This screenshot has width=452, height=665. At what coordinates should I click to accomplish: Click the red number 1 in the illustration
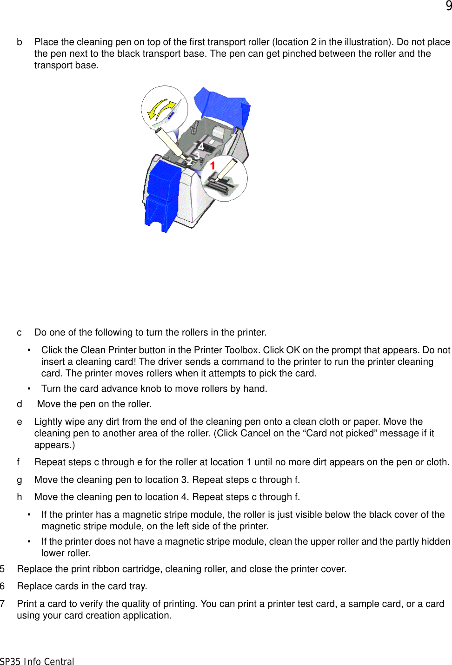pyautogui.click(x=213, y=165)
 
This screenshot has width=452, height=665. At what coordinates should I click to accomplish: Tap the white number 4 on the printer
pyautogui.click(x=200, y=147)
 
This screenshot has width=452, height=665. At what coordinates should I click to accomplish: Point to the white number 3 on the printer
pyautogui.click(x=197, y=155)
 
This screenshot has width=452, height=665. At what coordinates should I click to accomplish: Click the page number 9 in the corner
pyautogui.click(x=448, y=6)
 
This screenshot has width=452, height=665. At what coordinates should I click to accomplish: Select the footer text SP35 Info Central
pyautogui.click(x=37, y=661)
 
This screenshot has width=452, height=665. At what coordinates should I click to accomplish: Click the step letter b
pyautogui.click(x=20, y=42)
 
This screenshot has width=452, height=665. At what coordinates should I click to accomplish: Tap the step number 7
pyautogui.click(x=3, y=604)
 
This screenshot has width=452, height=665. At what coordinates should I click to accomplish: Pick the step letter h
pyautogui.click(x=20, y=497)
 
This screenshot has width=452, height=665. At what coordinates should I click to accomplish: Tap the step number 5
pyautogui.click(x=3, y=569)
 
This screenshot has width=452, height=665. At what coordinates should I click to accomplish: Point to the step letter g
pyautogui.click(x=20, y=480)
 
